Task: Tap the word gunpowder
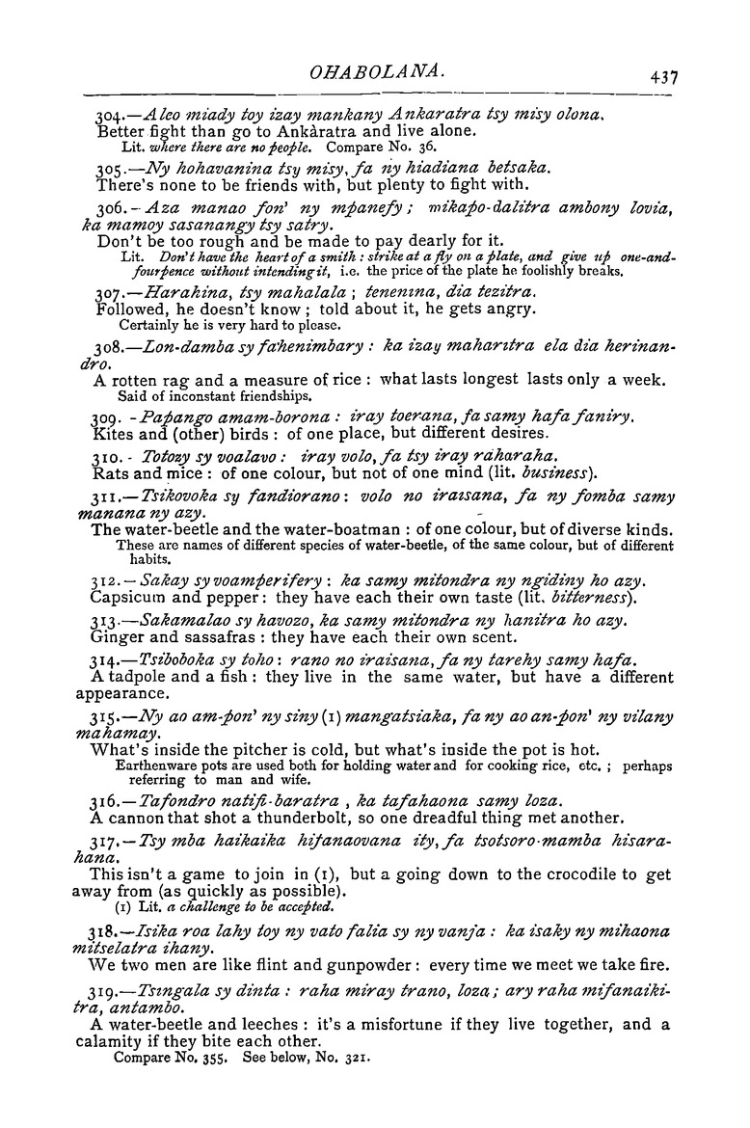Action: click(x=370, y=964)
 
